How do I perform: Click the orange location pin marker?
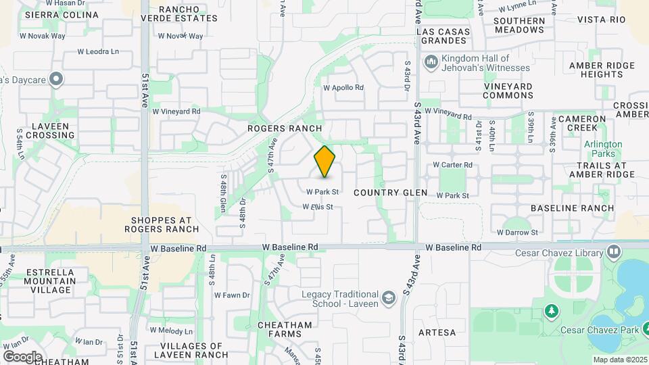click(325, 162)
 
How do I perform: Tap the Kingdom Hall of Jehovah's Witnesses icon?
click(431, 62)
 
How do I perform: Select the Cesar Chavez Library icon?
click(614, 252)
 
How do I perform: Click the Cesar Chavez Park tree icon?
click(552, 312)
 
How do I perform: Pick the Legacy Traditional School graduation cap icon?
click(388, 298)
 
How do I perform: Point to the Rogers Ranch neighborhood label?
click(284, 128)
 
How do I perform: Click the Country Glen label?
click(391, 193)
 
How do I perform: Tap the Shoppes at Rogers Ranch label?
click(162, 224)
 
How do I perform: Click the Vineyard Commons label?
click(508, 91)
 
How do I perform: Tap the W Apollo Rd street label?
click(343, 88)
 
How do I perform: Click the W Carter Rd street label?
click(452, 164)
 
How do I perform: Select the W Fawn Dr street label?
click(232, 295)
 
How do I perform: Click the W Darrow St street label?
click(516, 233)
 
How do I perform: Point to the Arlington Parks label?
click(603, 149)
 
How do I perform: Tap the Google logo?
click(22, 356)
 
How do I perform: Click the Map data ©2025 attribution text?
click(619, 360)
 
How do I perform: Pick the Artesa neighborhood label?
click(437, 333)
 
